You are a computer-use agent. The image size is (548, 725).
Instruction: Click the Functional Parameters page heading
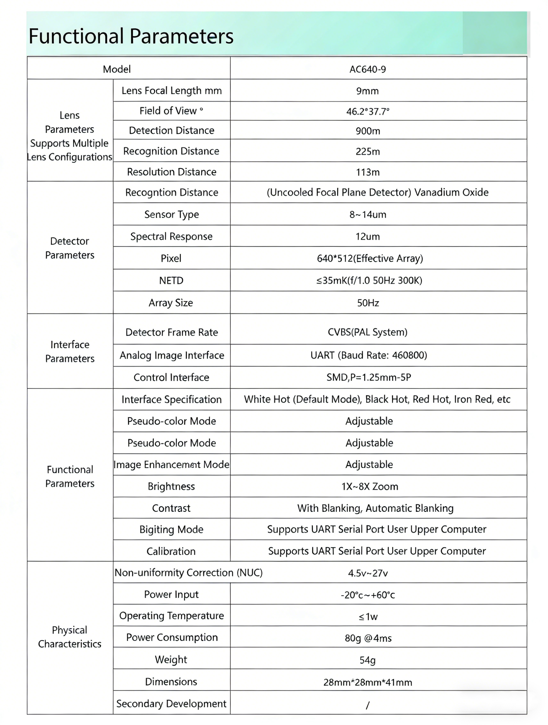click(x=131, y=36)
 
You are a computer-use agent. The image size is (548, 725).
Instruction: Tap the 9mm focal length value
click(x=367, y=91)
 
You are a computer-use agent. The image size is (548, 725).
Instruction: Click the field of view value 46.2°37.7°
click(x=368, y=112)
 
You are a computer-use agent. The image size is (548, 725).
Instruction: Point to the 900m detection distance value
click(x=368, y=131)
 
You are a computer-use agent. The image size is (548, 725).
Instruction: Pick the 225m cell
click(x=368, y=151)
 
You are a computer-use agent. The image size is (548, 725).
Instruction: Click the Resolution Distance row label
click(x=171, y=172)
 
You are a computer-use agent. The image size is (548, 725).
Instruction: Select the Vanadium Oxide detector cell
click(x=378, y=192)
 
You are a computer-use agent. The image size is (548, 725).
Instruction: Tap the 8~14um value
click(x=368, y=215)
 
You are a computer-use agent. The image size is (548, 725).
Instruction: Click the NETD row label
click(x=171, y=281)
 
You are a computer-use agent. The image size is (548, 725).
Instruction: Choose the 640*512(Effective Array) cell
click(x=370, y=259)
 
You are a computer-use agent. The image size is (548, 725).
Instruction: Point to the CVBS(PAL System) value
click(x=367, y=332)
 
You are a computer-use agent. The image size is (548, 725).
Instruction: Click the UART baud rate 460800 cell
click(x=369, y=355)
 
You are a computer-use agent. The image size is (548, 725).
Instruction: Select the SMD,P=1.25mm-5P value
click(x=369, y=377)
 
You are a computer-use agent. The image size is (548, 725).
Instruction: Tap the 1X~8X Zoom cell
click(x=370, y=487)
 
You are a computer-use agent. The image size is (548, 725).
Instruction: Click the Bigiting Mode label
click(x=171, y=530)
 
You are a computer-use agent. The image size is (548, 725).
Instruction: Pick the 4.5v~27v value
click(x=368, y=573)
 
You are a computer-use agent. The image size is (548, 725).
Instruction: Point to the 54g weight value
click(x=367, y=660)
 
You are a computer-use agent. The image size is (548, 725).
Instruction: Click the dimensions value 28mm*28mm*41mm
click(x=368, y=682)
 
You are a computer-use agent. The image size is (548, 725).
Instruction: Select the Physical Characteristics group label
click(x=70, y=637)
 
